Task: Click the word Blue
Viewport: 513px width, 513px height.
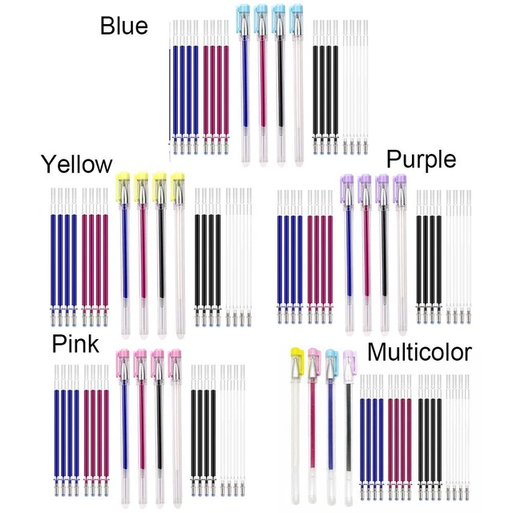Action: click(124, 26)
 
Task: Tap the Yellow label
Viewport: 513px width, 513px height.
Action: click(77, 164)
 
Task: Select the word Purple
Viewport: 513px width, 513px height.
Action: click(422, 160)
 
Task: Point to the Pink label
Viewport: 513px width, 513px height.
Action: click(75, 344)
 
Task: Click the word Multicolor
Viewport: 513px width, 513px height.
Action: click(419, 353)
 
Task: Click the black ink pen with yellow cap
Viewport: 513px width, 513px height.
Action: click(160, 255)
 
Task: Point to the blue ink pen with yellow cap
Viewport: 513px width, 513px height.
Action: click(124, 255)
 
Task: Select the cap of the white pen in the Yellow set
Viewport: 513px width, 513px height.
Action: click(178, 187)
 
